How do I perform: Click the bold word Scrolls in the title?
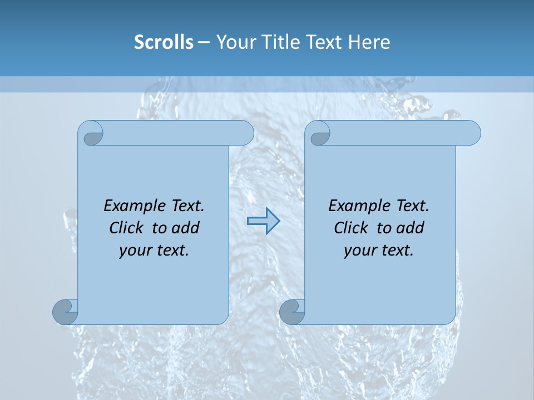click(x=164, y=42)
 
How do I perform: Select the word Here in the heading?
click(x=369, y=42)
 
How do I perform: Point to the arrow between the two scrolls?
click(x=263, y=221)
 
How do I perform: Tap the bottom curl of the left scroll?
click(x=66, y=312)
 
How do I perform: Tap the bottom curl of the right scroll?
click(x=292, y=312)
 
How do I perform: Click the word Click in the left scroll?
click(x=127, y=228)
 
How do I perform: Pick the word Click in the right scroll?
click(x=352, y=228)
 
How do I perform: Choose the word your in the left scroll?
click(x=135, y=251)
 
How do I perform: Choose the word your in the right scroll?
click(x=360, y=251)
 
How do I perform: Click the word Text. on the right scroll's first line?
click(x=412, y=206)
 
